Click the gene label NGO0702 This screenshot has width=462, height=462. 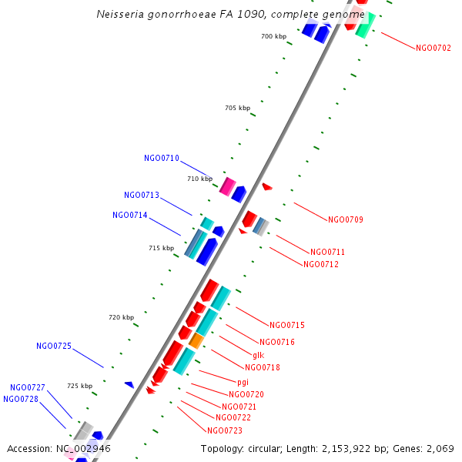click(x=434, y=48)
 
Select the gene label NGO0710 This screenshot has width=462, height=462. click(x=162, y=159)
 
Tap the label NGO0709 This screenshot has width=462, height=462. click(x=346, y=220)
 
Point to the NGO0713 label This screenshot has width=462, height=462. click(x=142, y=196)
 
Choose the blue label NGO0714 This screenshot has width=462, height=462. click(x=130, y=216)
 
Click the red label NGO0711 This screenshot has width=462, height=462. click(x=327, y=253)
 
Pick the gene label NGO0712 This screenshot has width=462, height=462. click(x=321, y=265)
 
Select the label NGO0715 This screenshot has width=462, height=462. click(x=287, y=325)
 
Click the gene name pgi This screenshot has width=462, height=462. click(x=243, y=382)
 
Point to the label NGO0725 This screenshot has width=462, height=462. click(x=54, y=346)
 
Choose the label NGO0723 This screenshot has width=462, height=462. click(x=225, y=430)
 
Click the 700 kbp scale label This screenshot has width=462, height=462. click(x=273, y=36)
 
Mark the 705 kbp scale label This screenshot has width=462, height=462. click(x=237, y=109)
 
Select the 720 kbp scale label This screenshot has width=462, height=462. click(x=121, y=317)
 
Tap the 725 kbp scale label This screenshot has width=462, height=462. click(x=79, y=386)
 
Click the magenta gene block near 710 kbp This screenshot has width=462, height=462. click(x=227, y=186)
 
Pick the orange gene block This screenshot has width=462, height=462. click(x=196, y=340)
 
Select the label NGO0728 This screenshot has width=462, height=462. click(x=21, y=400)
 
